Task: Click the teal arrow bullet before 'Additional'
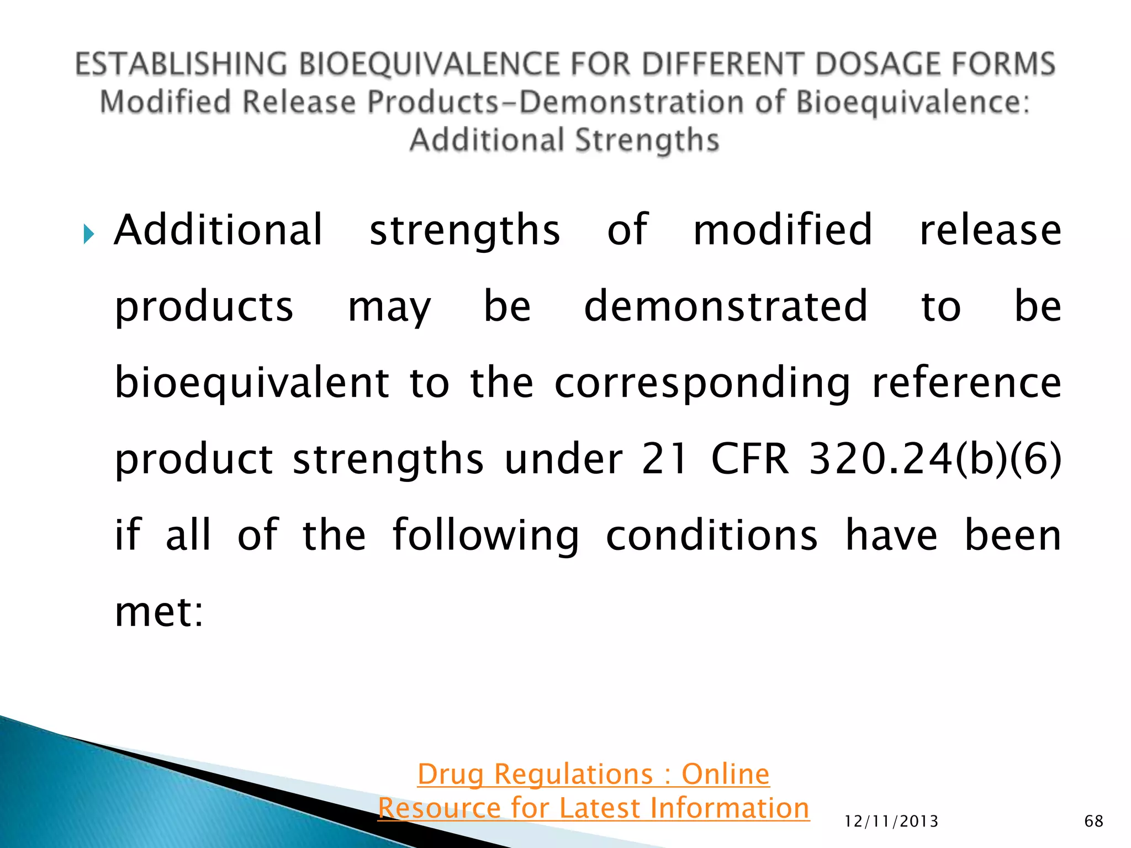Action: coord(88,234)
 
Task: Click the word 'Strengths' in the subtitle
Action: coord(647,140)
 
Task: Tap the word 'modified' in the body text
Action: coord(783,230)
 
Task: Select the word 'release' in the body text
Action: coord(990,230)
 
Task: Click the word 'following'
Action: coord(485,535)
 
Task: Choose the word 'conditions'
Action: coord(711,535)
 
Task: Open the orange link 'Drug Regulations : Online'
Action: coord(593,773)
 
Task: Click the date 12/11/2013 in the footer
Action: coord(891,821)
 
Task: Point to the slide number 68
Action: coord(1093,821)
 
